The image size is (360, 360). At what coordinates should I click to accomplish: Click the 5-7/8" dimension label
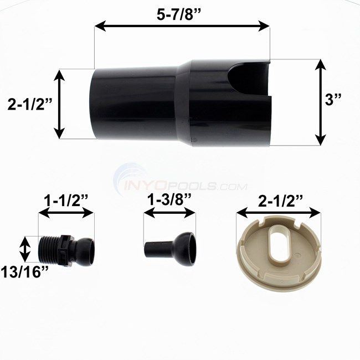coord(179,15)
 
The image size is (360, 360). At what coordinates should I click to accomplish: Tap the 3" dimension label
coord(333,99)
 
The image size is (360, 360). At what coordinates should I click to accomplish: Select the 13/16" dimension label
coord(25,272)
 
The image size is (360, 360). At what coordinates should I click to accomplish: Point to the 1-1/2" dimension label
coord(66,200)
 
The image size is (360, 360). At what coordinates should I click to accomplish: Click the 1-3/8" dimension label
coord(169,200)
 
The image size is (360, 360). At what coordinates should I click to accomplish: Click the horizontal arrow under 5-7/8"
coord(182,25)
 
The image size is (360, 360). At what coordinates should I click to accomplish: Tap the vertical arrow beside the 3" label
coord(321,102)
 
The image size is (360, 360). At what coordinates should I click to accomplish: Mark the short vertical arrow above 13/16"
coord(25,249)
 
